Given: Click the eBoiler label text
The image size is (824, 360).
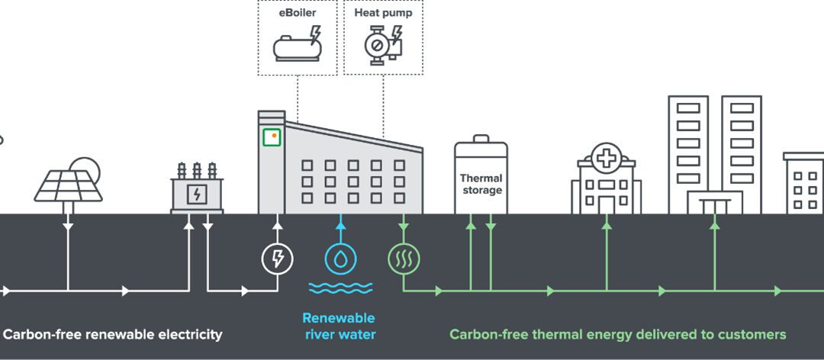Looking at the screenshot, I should tap(297, 13).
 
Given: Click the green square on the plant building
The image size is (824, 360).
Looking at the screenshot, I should tap(272, 137).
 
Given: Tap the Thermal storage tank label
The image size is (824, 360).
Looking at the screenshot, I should tap(481, 184).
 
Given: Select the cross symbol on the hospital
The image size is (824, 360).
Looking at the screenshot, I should tap(606, 159).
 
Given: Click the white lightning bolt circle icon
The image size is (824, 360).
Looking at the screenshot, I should tap(278, 259).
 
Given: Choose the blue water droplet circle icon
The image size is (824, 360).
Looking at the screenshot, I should tap(340, 259).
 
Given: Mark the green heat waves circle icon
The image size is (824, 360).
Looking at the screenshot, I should tap(404, 259).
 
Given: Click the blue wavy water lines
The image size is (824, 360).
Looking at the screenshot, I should tap(340, 288).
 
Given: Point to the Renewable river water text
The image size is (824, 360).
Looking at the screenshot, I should tap(339, 326).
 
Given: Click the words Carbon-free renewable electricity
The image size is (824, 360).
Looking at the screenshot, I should tap(113, 334).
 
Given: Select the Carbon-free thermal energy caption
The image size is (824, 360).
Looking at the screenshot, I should tap(617, 334).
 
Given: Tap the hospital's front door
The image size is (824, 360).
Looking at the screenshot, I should tap(606, 204).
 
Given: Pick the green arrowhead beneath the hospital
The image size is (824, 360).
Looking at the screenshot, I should tap(607, 224).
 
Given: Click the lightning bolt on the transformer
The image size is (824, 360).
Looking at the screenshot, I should tap(197, 194).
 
